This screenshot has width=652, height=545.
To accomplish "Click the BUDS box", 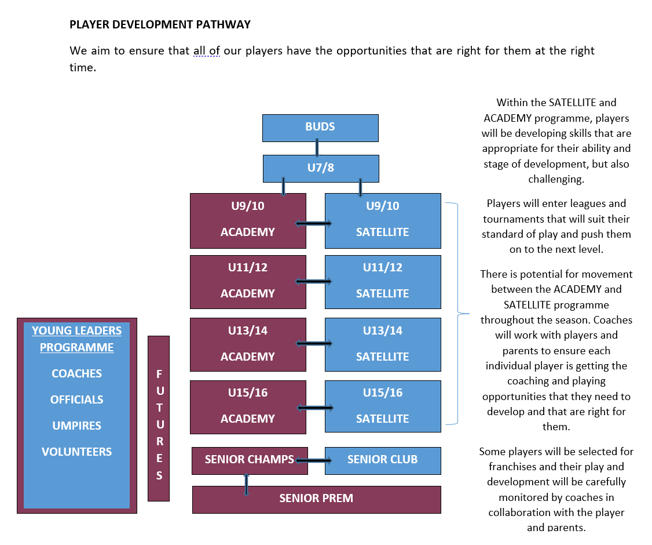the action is tap(320, 128).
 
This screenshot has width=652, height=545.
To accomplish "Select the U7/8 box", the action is tap(321, 169).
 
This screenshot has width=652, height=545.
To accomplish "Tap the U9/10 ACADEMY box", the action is tap(248, 221).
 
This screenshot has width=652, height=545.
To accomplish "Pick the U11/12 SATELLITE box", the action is tap(383, 282).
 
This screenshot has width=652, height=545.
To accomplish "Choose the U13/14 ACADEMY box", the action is tap(248, 344).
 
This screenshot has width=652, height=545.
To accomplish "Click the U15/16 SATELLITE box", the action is tap(383, 406).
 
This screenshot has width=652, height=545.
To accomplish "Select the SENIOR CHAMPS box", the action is tap(250, 460).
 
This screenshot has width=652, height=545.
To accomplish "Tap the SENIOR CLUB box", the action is tap(383, 460).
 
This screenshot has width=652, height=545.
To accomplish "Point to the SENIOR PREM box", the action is tap(316, 500).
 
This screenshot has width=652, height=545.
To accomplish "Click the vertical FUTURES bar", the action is tap(159, 419).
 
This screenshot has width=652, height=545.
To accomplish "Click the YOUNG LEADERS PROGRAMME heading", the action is tap(77, 339).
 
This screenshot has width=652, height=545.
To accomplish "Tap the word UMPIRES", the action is tap(77, 426).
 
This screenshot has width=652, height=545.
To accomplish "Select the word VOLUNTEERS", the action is tap(77, 452).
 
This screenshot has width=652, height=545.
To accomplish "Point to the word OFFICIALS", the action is tap(77, 399).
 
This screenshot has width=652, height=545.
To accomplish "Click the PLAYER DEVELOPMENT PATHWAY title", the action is tap(160, 24).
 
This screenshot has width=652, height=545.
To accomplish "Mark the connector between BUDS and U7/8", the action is tap(317, 148).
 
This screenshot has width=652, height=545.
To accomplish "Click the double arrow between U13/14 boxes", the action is tap(314, 343).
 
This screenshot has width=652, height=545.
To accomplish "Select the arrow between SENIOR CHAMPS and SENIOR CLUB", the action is tap(313, 460).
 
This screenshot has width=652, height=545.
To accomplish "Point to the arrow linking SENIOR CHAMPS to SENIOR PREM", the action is tap(246, 484).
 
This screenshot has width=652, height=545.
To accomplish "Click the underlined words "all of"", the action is tap(207, 51).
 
